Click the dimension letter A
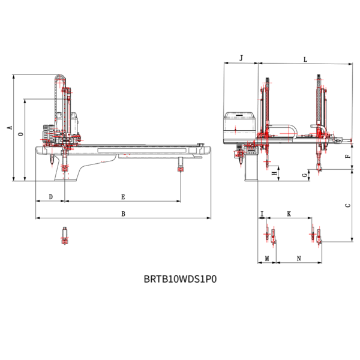(x=10, y=127)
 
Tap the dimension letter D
(x=51, y=197)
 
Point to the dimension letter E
(x=123, y=197)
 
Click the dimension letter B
(x=123, y=214)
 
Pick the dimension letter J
(x=241, y=58)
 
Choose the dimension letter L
(x=305, y=59)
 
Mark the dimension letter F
(x=348, y=157)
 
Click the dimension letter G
(x=305, y=175)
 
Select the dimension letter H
(x=275, y=173)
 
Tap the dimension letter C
(x=348, y=205)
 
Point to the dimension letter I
(x=262, y=214)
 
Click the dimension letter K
(x=289, y=214)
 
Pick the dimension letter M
(x=267, y=259)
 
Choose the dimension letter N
(x=299, y=259)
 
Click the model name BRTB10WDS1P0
(x=180, y=279)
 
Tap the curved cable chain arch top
(x=60, y=76)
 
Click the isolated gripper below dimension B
(x=65, y=236)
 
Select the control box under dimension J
(x=239, y=127)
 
